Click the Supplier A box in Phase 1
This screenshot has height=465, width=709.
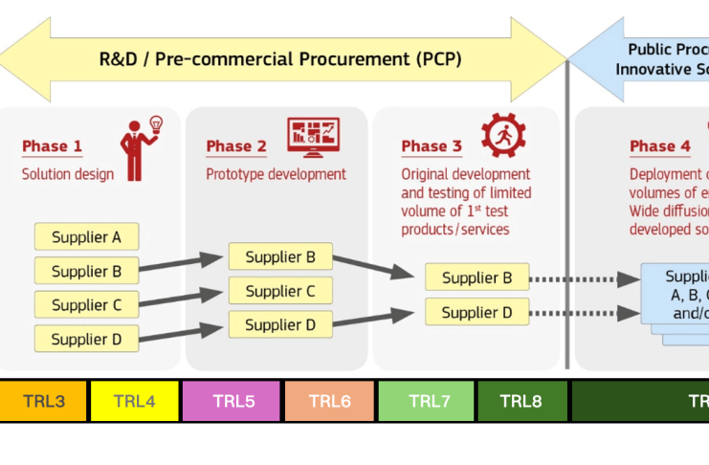[86, 236]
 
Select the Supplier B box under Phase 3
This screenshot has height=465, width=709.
[476, 278]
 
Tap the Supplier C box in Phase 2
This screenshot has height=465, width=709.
[280, 291]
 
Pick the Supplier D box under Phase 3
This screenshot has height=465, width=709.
[476, 312]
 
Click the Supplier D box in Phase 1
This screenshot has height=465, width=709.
[86, 339]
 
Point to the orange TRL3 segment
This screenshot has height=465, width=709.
[43, 401]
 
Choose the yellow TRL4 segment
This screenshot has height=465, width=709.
[134, 401]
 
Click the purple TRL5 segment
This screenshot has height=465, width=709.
[233, 401]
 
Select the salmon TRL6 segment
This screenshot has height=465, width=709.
[329, 401]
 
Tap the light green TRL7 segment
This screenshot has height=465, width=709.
[427, 401]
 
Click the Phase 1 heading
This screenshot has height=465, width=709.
[52, 146]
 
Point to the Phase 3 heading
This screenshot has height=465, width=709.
[431, 146]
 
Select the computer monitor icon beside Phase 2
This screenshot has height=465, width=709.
[313, 137]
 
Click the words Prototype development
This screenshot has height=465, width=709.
[276, 174]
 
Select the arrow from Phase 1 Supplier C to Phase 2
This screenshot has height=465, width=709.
[183, 298]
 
